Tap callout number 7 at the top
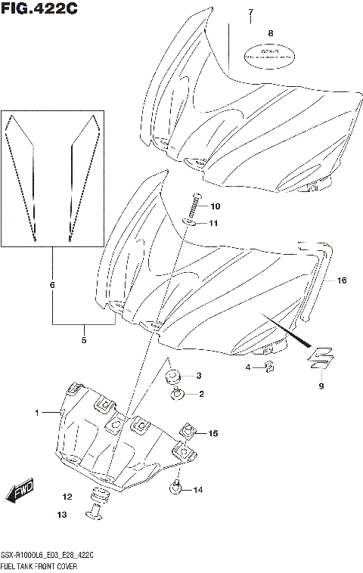[250, 13]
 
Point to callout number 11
[214, 224]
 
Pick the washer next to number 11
[191, 222]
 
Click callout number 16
[341, 280]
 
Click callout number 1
[36, 413]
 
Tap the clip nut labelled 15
[185, 432]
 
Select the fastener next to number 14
[175, 489]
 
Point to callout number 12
[67, 497]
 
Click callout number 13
[61, 515]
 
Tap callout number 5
[84, 340]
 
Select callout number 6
[52, 285]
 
